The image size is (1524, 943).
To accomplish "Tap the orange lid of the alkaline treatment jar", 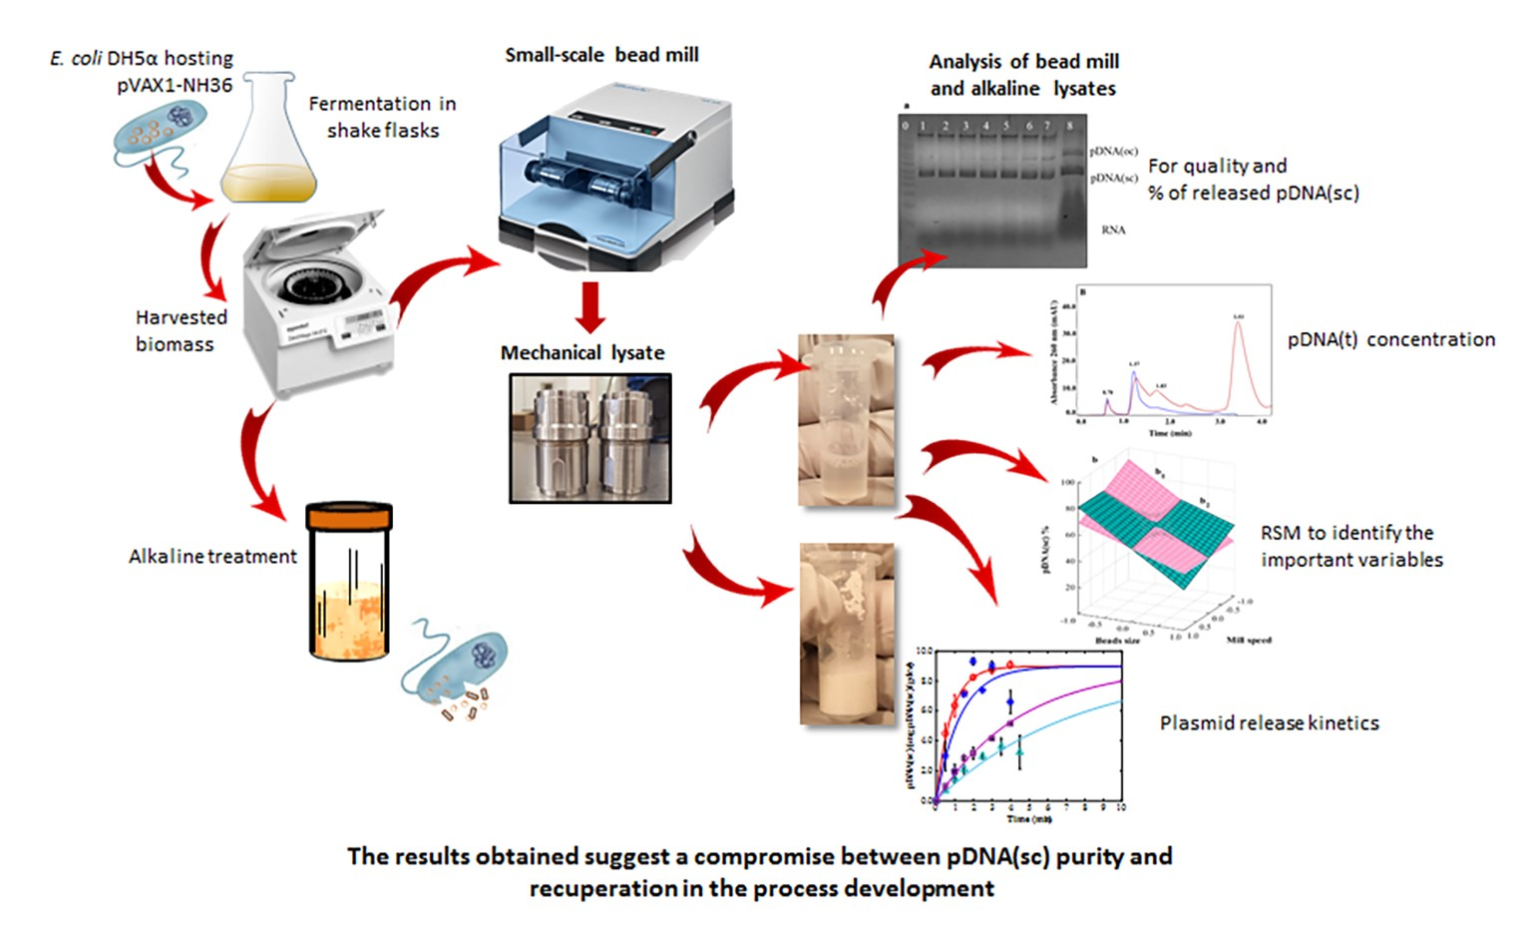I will [x=348, y=518].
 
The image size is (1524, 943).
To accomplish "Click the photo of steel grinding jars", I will [x=590, y=438].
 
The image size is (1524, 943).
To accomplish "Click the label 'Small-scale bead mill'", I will [x=601, y=55].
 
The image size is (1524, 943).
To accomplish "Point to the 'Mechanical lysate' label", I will [x=582, y=352].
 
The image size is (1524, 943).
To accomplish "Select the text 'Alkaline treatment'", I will [x=212, y=557].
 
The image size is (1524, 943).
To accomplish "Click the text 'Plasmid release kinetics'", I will [x=1269, y=722].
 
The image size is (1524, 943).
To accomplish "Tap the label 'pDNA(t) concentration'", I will [x=1390, y=339].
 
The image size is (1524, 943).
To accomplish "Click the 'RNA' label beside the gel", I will [x=1113, y=230].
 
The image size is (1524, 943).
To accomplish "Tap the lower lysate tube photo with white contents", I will [x=847, y=633].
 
